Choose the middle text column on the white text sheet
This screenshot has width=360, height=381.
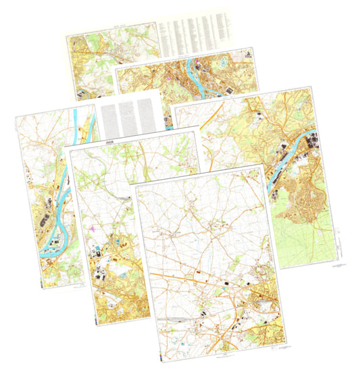(x=126, y=115)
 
